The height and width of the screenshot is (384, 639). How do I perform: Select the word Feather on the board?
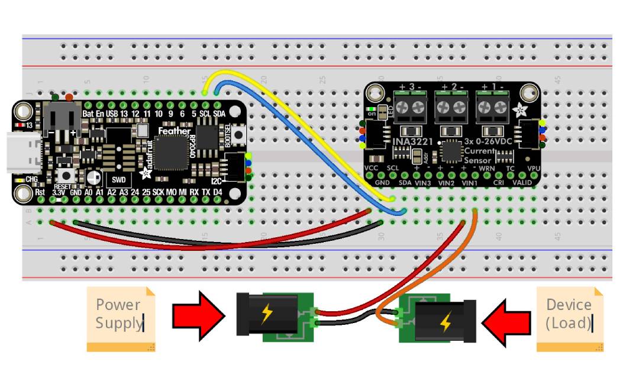(x=174, y=131)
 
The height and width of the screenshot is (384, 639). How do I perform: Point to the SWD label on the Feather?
(x=119, y=179)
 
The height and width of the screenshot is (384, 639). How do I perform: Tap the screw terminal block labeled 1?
(x=493, y=107)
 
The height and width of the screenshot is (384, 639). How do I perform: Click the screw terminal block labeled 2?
(x=451, y=107)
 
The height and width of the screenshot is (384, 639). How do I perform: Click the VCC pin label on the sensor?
(x=372, y=169)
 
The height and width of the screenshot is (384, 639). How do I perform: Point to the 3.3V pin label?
(x=58, y=192)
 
